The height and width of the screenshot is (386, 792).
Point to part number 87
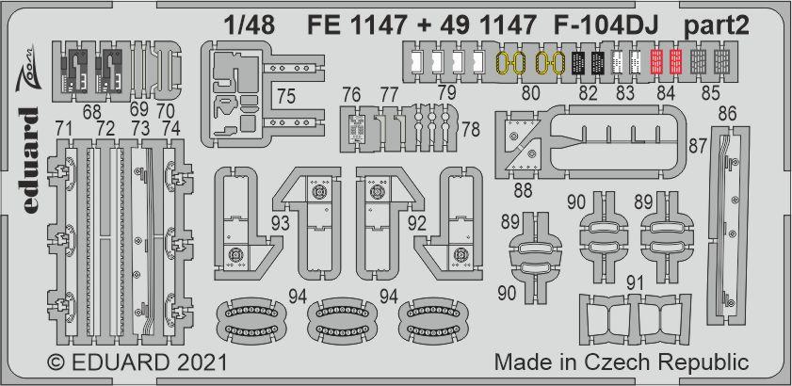tap(698, 146)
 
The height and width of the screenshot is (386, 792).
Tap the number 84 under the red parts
tap(666, 92)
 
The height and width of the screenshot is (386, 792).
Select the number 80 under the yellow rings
tap(531, 92)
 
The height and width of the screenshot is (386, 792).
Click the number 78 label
tap(468, 127)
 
